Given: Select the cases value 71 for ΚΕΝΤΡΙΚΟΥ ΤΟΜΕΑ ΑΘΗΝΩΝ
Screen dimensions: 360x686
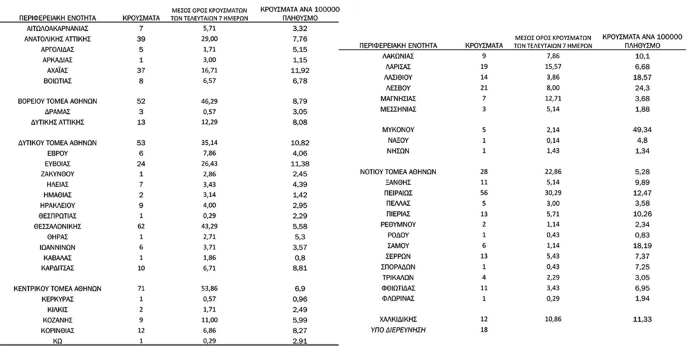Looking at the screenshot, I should coord(140,288).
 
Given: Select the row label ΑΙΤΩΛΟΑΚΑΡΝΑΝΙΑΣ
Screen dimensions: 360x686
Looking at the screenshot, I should coord(57,29).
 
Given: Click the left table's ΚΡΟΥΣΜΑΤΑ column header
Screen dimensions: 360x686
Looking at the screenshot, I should coord(140,17).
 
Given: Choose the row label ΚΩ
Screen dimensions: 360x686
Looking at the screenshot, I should coord(57,341).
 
